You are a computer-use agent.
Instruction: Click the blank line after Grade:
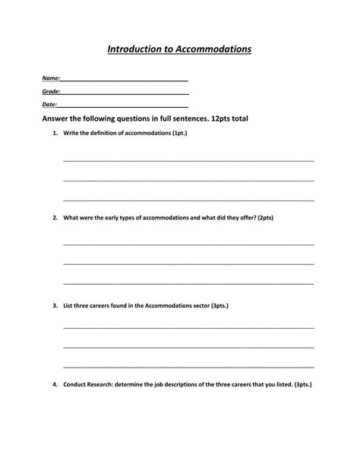point(125,93)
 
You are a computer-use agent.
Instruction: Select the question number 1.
point(55,133)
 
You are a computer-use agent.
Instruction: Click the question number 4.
point(55,384)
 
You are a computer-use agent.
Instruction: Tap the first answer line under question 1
point(188,161)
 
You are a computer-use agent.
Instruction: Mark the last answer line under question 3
point(188,366)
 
